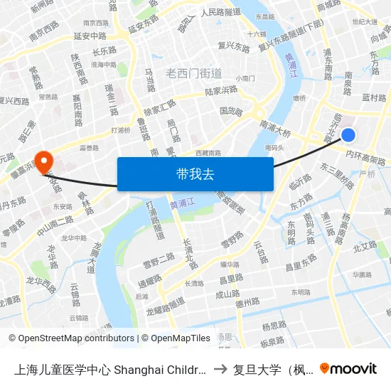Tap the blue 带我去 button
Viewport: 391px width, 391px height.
[195, 174]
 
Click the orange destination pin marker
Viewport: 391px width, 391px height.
[44, 162]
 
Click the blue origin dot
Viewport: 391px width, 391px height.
[348, 134]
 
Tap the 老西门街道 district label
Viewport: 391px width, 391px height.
[193, 73]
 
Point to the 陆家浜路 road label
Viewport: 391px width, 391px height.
[221, 91]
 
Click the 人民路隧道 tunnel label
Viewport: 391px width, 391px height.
[221, 12]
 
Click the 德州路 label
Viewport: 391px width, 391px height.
[247, 301]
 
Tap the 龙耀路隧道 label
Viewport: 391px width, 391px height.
[165, 306]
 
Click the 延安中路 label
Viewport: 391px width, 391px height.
[90, 36]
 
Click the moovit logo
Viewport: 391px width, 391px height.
[348, 368]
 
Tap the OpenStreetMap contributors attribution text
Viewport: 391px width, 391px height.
[71, 338]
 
